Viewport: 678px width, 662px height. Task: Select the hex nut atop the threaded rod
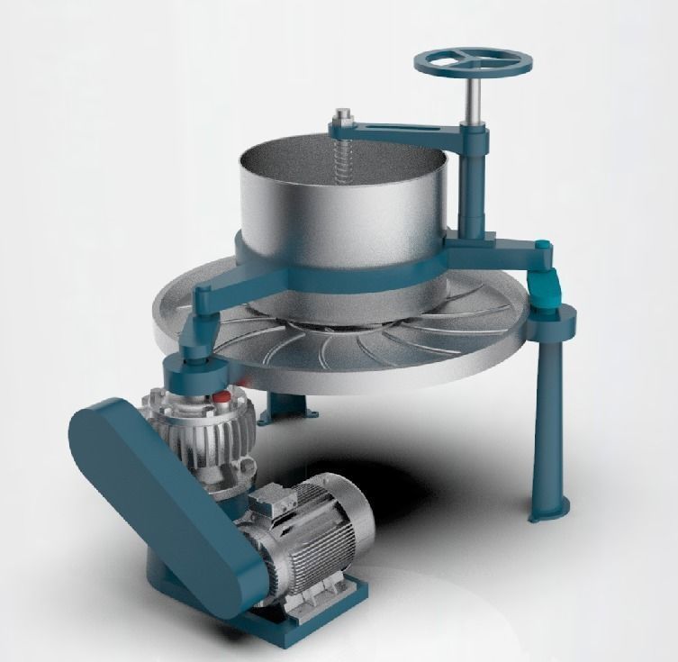point(343,116)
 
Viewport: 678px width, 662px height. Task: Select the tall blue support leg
point(547,414)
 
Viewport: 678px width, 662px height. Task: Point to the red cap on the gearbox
point(220,396)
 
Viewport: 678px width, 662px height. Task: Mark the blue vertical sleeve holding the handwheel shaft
point(473,180)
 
